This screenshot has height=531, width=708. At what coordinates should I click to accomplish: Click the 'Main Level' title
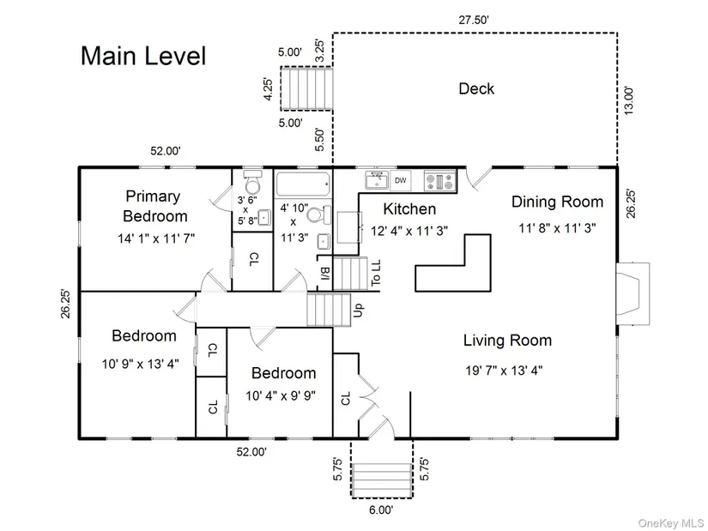pyautogui.click(x=143, y=56)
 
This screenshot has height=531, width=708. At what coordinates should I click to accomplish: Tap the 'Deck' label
pyautogui.click(x=476, y=88)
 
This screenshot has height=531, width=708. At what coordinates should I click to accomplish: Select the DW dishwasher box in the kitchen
pyautogui.click(x=401, y=181)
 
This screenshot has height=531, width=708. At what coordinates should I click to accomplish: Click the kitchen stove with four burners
pyautogui.click(x=440, y=181)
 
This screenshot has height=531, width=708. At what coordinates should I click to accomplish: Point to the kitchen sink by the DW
pyautogui.click(x=377, y=181)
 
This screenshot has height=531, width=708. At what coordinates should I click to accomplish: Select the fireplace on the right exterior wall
pyautogui.click(x=633, y=293)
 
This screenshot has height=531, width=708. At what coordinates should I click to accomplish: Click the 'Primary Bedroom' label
pyautogui.click(x=154, y=206)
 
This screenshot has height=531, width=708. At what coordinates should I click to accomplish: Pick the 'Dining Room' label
pyautogui.click(x=557, y=202)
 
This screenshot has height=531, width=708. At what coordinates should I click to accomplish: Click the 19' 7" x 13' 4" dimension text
pyautogui.click(x=504, y=371)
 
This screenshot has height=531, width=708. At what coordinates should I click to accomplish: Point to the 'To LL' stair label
pyautogui.click(x=376, y=272)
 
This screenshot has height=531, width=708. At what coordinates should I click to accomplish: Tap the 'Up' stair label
pyautogui.click(x=358, y=310)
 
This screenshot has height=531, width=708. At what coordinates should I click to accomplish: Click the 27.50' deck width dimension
pyautogui.click(x=474, y=20)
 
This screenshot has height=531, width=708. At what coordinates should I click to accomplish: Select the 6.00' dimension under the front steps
pyautogui.click(x=381, y=510)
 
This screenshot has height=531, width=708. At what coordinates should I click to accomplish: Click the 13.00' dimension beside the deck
pyautogui.click(x=629, y=100)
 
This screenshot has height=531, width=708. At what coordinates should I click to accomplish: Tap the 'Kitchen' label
pyautogui.click(x=409, y=209)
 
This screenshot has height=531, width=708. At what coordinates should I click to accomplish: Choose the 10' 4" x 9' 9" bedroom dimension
pyautogui.click(x=281, y=396)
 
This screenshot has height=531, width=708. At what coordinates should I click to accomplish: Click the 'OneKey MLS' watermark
pyautogui.click(x=670, y=523)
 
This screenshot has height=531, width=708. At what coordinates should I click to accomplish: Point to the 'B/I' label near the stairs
pyautogui.click(x=325, y=273)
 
